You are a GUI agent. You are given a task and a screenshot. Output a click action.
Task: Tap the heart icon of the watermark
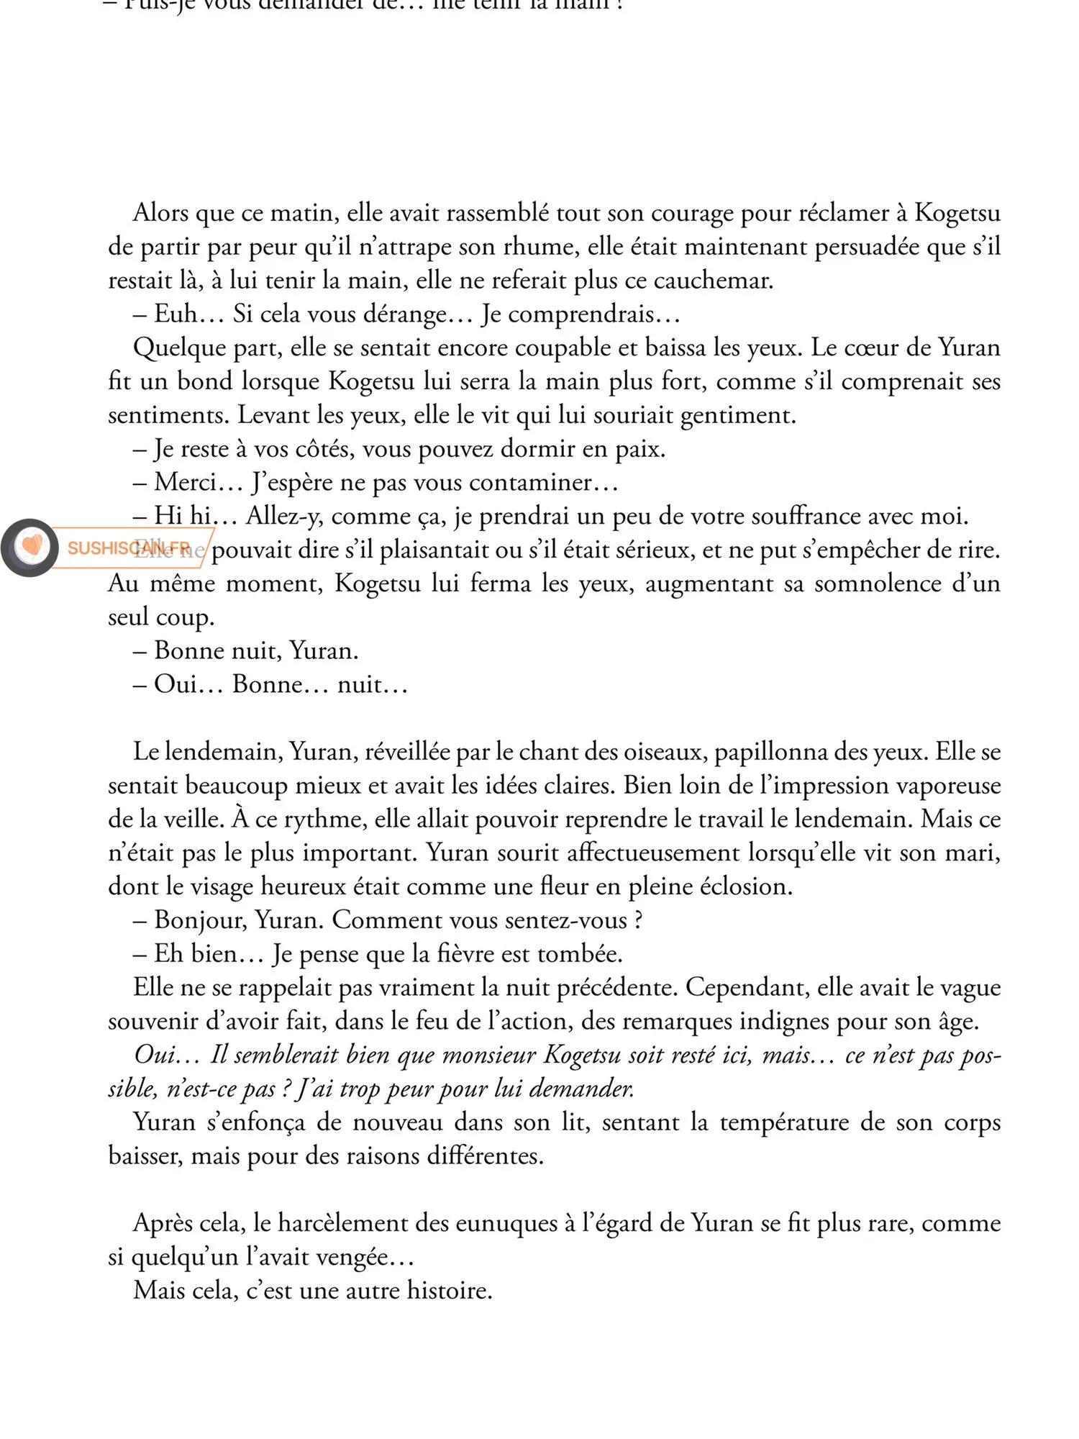click(30, 548)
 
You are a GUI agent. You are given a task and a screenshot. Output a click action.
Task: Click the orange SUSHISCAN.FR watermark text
click(129, 548)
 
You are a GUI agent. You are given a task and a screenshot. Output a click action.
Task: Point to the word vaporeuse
click(945, 786)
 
